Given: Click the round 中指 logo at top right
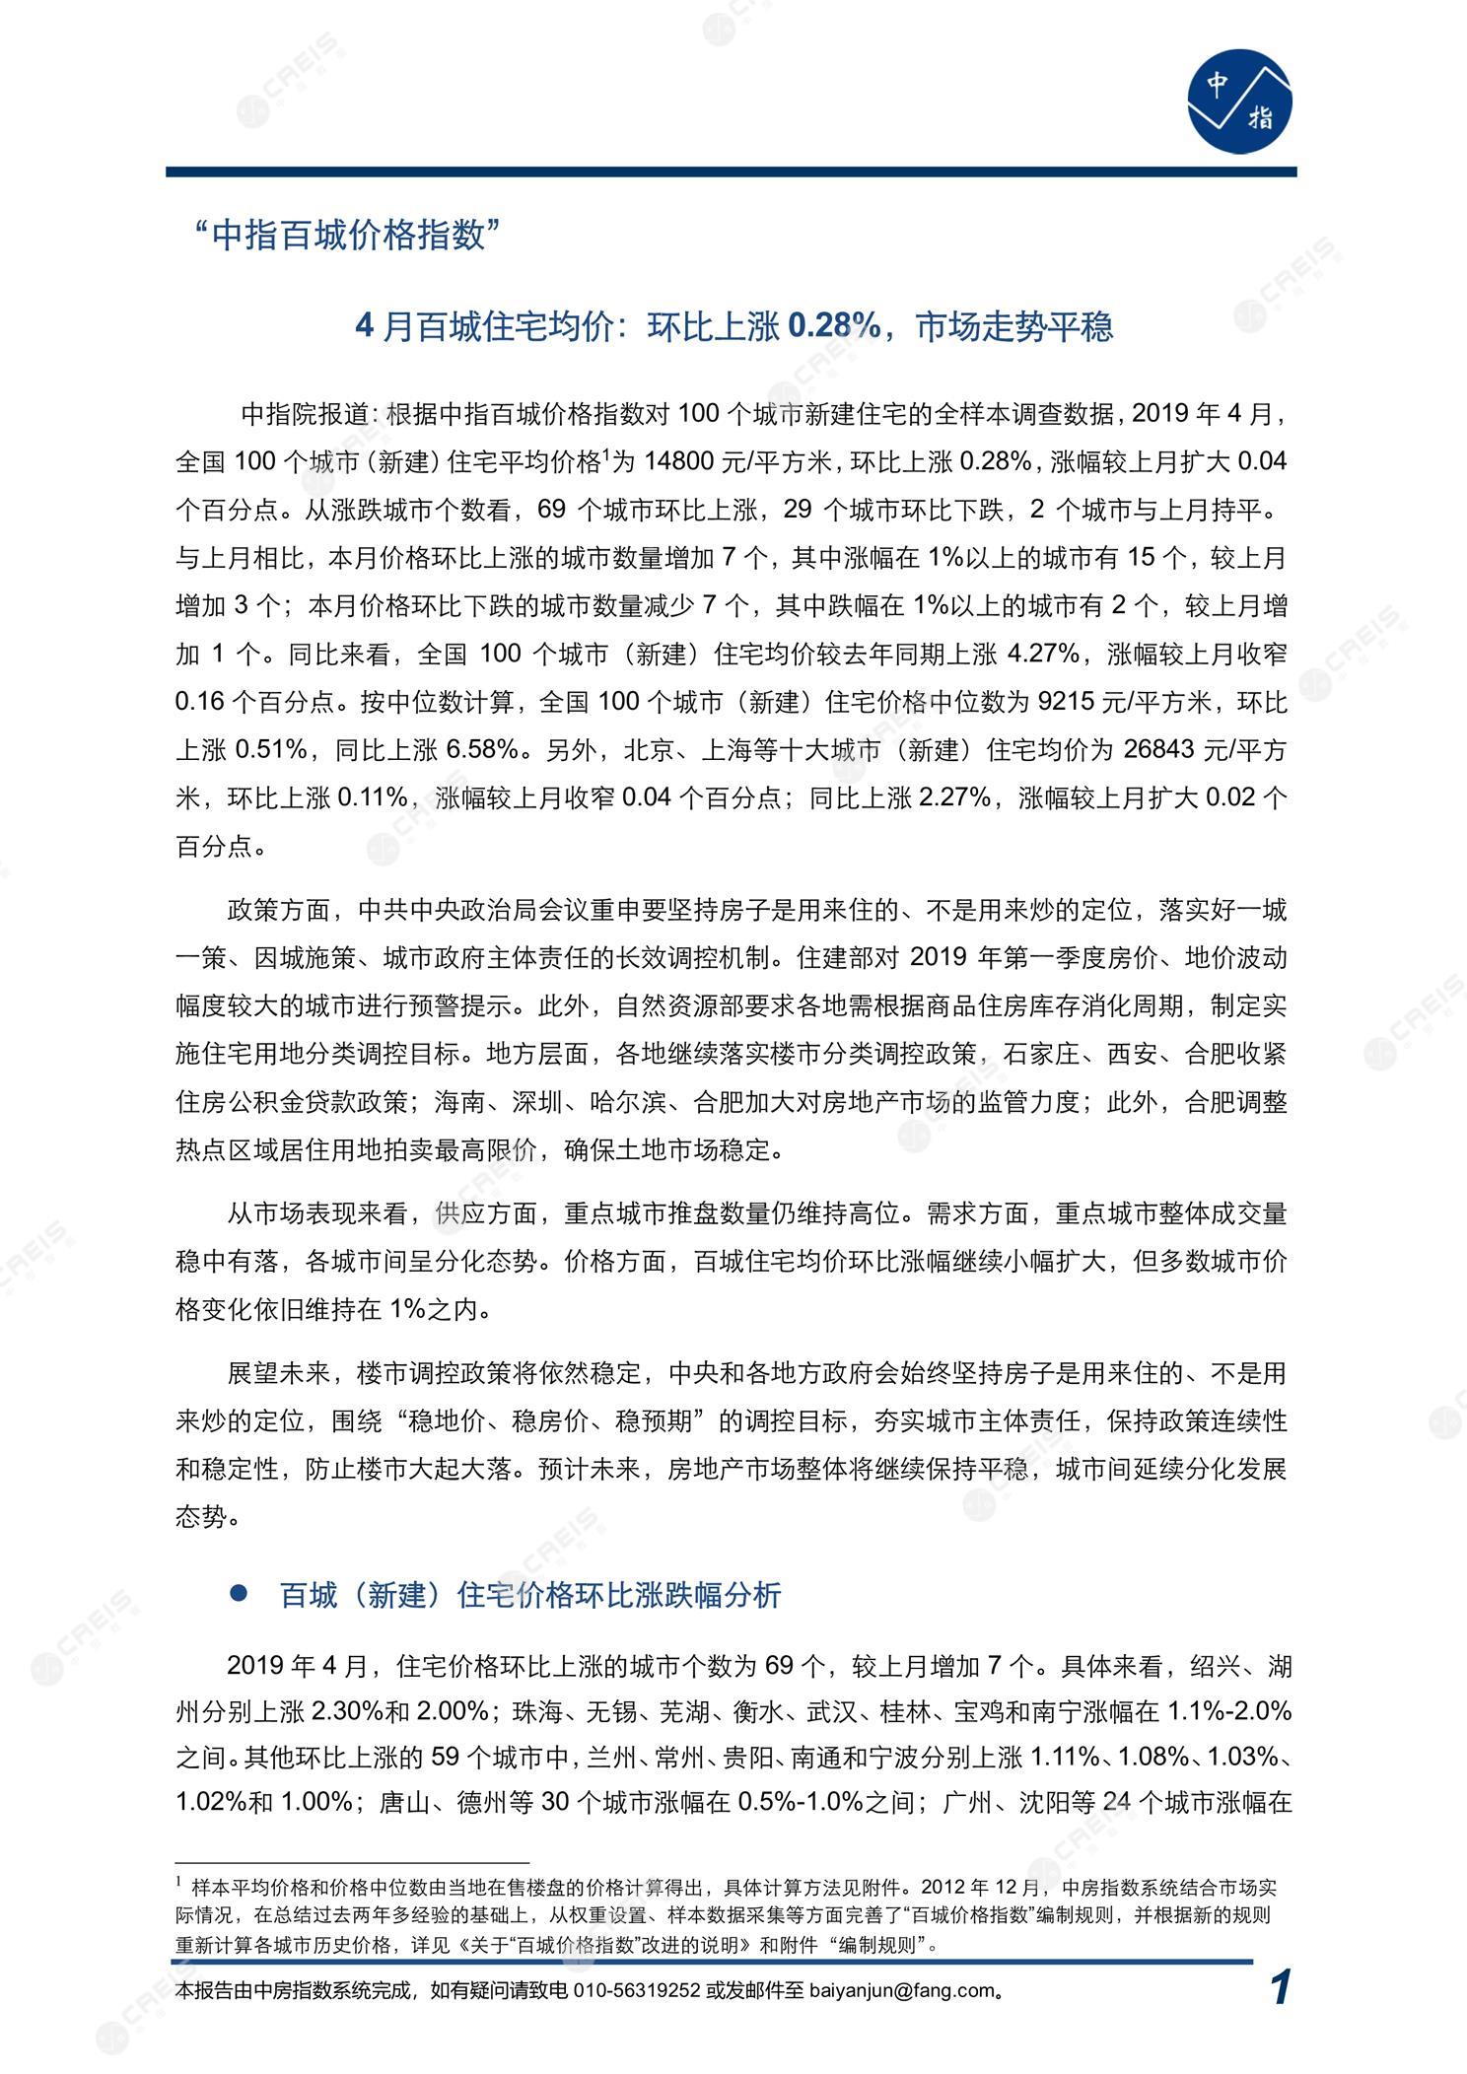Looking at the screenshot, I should coord(1238,102).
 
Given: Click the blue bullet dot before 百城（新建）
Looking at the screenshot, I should coord(237,1593).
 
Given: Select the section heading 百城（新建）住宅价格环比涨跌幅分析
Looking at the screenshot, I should coord(530,1595).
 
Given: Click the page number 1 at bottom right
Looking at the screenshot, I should coord(1280,1988).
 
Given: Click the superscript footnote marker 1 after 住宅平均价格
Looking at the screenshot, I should coord(605,454).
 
